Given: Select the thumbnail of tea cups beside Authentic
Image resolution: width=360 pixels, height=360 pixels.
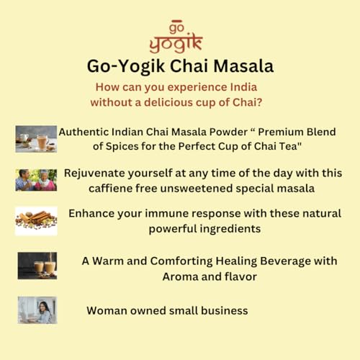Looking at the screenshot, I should (x=36, y=139).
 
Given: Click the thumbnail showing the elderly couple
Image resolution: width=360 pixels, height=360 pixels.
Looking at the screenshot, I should (x=36, y=180).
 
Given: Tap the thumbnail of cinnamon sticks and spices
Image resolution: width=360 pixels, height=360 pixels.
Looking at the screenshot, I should (x=36, y=221).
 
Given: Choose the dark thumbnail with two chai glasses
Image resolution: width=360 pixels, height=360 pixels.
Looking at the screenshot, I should (x=36, y=266).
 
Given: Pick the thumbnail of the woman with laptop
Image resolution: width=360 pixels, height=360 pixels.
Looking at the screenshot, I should (x=37, y=310).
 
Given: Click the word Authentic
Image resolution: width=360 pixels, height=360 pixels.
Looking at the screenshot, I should (x=86, y=132).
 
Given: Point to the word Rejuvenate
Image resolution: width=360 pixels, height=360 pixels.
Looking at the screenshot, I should (x=97, y=174).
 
